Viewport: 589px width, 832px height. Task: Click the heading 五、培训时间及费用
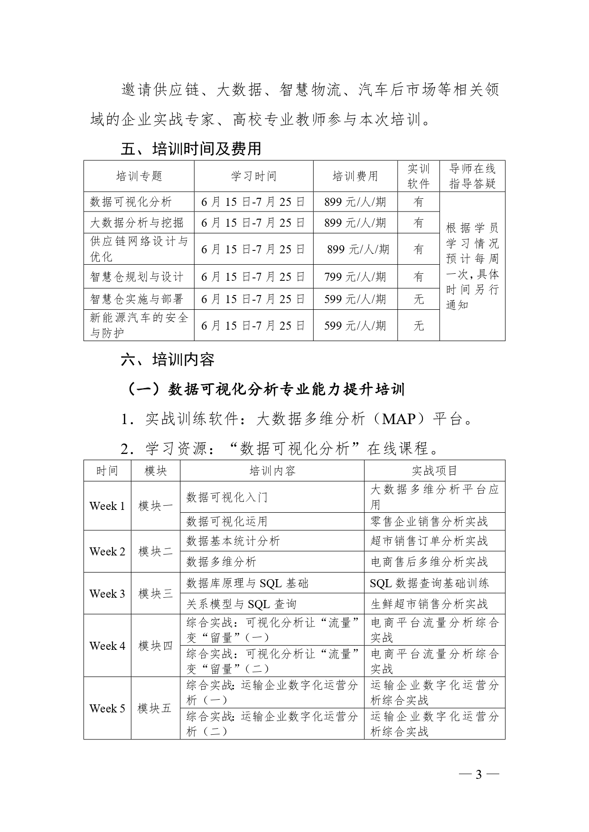[191, 148]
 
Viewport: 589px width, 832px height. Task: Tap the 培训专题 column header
[139, 176]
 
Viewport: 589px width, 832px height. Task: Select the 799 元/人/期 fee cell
[355, 277]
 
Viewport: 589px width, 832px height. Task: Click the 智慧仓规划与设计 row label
[137, 277]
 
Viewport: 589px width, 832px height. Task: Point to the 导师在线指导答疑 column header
[472, 176]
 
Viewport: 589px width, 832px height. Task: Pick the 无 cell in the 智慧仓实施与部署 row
[418, 299]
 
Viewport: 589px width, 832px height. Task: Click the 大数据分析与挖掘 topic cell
[137, 222]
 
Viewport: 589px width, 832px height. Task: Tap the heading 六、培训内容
[168, 360]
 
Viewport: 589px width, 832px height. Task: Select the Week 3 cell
[107, 593]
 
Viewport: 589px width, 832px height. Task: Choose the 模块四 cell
[155, 646]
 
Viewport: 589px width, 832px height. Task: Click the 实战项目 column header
[434, 471]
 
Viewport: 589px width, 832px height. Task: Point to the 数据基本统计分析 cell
[233, 541]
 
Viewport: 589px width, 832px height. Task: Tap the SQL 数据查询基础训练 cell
[430, 583]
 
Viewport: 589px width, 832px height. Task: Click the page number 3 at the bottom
[478, 775]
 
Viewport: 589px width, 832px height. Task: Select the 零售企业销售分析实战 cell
[429, 521]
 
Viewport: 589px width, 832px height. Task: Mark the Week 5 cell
[107, 708]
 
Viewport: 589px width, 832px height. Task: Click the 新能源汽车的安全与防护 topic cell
[139, 325]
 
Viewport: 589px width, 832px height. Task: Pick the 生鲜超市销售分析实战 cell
[429, 604]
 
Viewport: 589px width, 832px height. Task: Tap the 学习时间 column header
[253, 176]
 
